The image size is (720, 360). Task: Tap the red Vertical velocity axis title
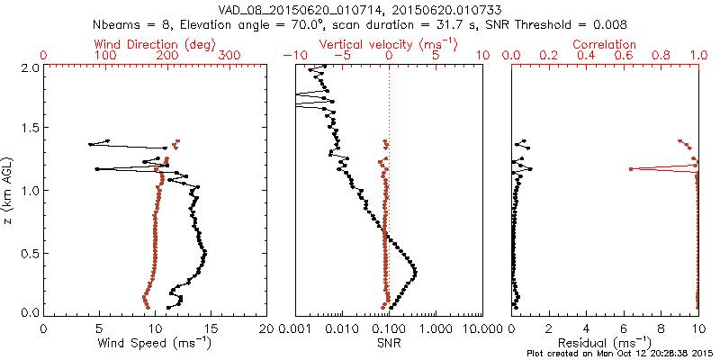(x=388, y=43)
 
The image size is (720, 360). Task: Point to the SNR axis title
(x=388, y=343)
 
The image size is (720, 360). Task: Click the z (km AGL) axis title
(x=9, y=190)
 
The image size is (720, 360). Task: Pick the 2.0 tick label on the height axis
(x=29, y=67)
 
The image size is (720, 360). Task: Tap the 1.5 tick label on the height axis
(x=29, y=129)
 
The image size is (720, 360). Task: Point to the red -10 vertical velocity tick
(x=292, y=56)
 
